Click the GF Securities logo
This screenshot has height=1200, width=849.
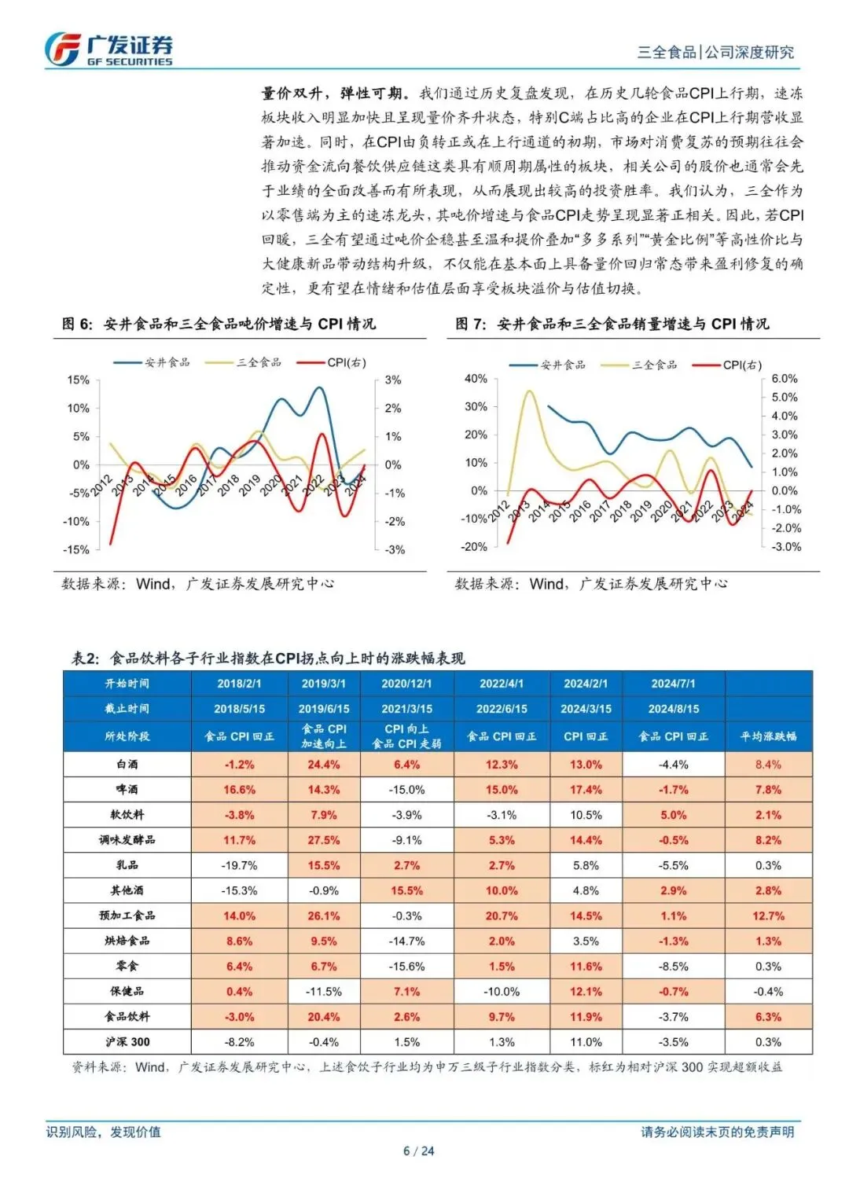(108, 49)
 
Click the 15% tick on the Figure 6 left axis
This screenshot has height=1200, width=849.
(78, 380)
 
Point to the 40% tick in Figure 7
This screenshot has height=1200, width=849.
(476, 378)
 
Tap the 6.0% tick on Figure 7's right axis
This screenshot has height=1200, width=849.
(784, 378)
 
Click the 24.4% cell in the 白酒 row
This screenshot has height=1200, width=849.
(323, 764)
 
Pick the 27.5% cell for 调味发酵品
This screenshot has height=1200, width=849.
(323, 840)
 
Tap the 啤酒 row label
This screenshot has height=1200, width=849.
(127, 789)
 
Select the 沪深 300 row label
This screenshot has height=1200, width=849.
(127, 1042)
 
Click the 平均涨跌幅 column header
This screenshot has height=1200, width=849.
(768, 736)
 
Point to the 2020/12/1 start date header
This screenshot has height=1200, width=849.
(406, 684)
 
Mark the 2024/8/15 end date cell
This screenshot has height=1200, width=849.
(673, 709)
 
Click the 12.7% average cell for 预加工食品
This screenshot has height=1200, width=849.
(768, 916)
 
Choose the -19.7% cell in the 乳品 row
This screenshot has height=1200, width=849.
(239, 865)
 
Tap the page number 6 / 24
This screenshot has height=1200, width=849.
(418, 1151)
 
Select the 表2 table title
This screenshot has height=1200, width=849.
(268, 658)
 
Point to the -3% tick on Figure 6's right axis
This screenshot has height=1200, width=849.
(395, 549)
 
